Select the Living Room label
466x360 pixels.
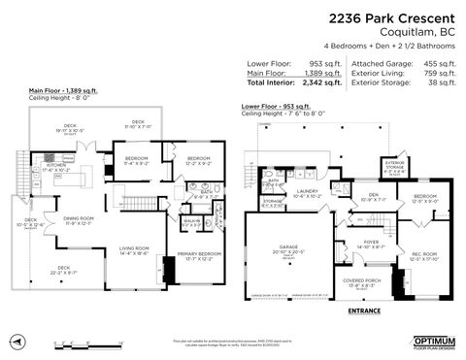point(133,248)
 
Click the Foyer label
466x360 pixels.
point(372,243)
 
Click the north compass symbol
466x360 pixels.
point(17,342)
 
